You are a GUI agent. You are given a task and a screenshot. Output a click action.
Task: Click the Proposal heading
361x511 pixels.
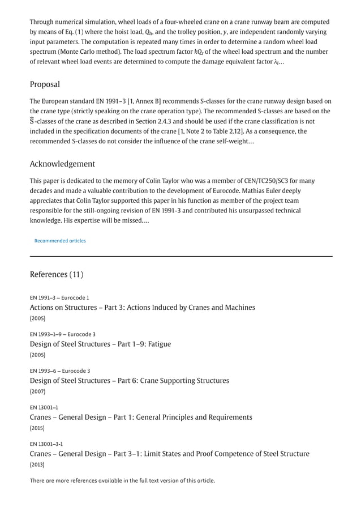(x=45, y=84)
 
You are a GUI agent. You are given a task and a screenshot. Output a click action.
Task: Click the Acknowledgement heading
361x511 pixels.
(x=62, y=164)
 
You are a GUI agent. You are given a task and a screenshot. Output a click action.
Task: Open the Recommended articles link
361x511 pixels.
(x=60, y=241)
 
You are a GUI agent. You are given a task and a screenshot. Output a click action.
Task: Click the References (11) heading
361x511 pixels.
(x=57, y=274)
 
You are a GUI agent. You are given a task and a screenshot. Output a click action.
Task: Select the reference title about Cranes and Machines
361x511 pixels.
(x=142, y=307)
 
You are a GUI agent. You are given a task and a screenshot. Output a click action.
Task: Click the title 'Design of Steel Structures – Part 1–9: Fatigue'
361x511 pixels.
(x=100, y=344)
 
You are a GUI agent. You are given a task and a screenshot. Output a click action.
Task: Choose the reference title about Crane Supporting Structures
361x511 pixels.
(x=129, y=380)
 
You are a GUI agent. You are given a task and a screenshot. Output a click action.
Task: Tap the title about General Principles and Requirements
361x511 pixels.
(x=141, y=417)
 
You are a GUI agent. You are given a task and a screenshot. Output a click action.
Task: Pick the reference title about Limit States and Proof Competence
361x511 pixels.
(x=169, y=453)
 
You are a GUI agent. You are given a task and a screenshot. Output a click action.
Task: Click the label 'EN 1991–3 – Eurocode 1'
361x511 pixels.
(x=59, y=297)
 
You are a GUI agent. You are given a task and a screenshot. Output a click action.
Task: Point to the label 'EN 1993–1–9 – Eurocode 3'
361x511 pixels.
(x=62, y=334)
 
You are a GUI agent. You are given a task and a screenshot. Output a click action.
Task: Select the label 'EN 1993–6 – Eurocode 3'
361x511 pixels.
(x=60, y=371)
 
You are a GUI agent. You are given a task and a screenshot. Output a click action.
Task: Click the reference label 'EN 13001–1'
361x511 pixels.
(x=44, y=407)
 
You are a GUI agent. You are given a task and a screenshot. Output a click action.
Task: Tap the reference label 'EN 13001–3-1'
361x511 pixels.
(x=46, y=444)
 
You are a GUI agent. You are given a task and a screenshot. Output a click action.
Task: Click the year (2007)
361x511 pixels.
(x=37, y=391)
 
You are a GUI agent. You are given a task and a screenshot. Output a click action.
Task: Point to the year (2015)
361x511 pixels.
(x=37, y=428)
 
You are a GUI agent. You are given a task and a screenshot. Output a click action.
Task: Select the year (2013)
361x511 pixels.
(x=37, y=465)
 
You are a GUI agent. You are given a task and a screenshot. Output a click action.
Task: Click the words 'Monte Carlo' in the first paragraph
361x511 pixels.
(x=69, y=52)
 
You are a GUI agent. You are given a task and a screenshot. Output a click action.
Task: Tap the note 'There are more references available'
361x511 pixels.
(x=122, y=481)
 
